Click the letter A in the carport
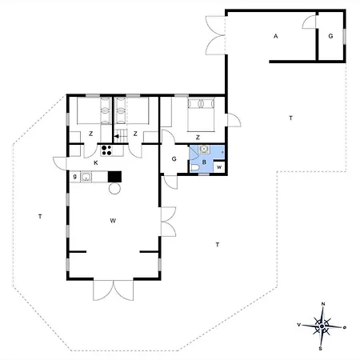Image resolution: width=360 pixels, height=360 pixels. pos(276,36)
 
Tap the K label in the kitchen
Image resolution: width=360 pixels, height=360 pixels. pos(96,163)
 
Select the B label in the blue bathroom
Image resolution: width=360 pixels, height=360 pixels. pos(204,162)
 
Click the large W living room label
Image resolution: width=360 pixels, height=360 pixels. pos(113,221)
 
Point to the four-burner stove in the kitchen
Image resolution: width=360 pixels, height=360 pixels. pos(106,150)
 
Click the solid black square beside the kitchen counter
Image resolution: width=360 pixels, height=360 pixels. pos(114,177)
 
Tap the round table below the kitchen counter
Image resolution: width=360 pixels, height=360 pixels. pos(114,189)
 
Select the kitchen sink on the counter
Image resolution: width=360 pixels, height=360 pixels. pos(86,177)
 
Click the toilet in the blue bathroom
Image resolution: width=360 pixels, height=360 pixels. pos(194,167)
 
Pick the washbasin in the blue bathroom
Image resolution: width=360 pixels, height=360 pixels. pos(204,149)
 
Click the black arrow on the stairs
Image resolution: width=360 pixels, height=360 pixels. pos(118,137)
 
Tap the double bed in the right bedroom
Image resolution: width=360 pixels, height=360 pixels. pos(201,114)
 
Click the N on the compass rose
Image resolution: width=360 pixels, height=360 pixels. pos(323,304)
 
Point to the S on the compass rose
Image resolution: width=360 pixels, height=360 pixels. pos(321,349)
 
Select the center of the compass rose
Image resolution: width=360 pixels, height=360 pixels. pos(322,326)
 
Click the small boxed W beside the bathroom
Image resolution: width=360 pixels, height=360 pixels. pos(219,167)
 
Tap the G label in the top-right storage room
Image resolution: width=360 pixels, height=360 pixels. pos(330,36)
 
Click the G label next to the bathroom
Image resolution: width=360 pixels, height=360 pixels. pos(174,159)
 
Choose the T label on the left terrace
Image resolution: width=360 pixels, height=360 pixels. pos(40,217)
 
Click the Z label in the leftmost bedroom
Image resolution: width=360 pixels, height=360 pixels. pos(91,134)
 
